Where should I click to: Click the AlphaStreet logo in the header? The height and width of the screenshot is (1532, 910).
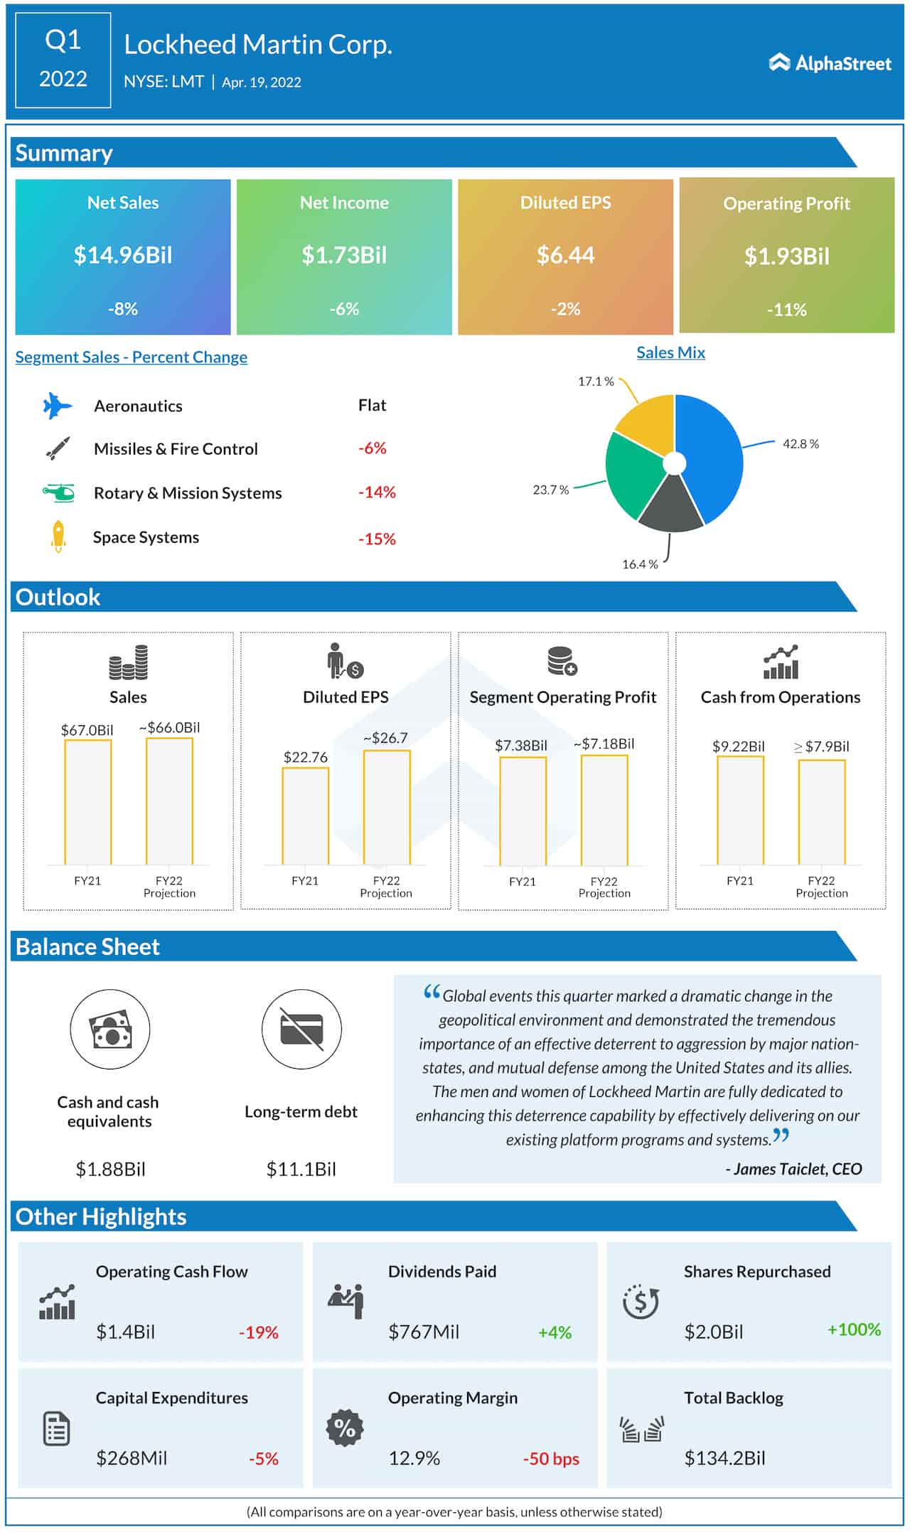[x=830, y=63]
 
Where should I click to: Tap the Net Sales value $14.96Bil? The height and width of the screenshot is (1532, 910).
[x=123, y=255]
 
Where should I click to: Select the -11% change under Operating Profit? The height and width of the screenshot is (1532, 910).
[x=786, y=310]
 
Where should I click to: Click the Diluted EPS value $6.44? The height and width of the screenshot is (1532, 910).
[x=565, y=255]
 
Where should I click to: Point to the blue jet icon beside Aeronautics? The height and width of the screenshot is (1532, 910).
[x=57, y=406]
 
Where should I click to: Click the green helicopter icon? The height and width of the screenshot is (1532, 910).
[x=58, y=492]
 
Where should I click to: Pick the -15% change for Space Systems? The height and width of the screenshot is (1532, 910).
[x=377, y=539]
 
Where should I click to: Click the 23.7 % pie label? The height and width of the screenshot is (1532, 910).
[x=551, y=490]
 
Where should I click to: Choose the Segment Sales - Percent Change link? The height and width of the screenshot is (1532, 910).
[x=132, y=357]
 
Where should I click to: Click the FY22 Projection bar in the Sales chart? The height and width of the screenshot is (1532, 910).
[x=169, y=802]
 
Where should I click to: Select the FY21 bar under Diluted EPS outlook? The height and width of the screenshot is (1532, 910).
[x=305, y=816]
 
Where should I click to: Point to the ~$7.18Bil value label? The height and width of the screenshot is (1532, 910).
[x=604, y=744]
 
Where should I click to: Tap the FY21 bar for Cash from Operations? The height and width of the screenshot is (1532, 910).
[x=740, y=810]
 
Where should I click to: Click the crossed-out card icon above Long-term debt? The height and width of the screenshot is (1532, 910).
[x=301, y=1029]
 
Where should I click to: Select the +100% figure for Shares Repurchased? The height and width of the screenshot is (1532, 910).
[x=854, y=1329]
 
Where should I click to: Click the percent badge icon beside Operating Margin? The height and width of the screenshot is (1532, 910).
[x=345, y=1428]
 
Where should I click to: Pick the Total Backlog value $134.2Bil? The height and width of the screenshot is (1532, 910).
[x=724, y=1458]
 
